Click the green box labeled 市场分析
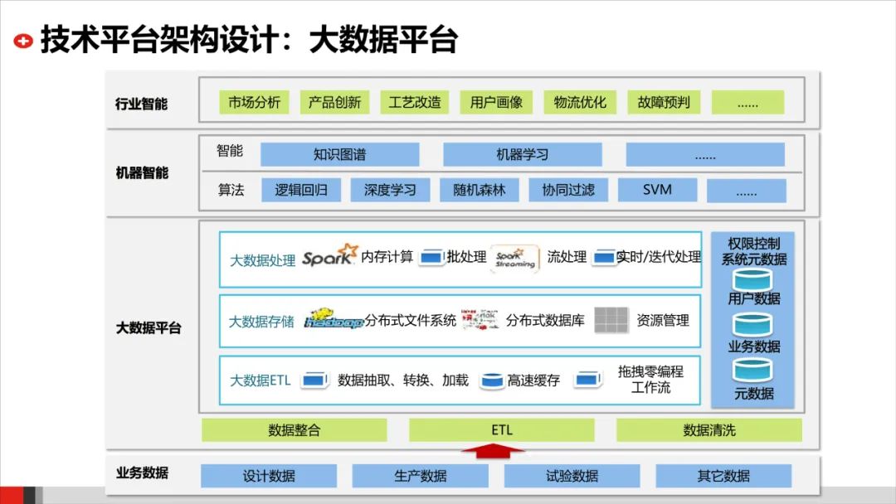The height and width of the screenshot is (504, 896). pyautogui.click(x=255, y=103)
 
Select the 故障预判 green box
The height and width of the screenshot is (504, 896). pyautogui.click(x=663, y=103)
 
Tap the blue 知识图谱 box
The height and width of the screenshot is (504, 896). pyautogui.click(x=339, y=154)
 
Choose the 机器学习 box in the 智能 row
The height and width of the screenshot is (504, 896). pyautogui.click(x=522, y=154)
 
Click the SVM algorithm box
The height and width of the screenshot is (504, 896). pyautogui.click(x=657, y=190)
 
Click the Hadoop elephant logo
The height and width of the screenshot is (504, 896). pyautogui.click(x=334, y=319)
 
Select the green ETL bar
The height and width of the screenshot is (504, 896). pyautogui.click(x=501, y=430)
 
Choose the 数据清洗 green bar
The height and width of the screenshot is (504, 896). pyautogui.click(x=709, y=430)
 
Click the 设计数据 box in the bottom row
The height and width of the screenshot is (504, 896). pyautogui.click(x=269, y=476)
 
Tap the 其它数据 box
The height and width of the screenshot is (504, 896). pyautogui.click(x=723, y=476)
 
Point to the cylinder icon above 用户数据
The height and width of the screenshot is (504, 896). pyautogui.click(x=752, y=279)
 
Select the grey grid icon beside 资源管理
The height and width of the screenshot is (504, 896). pyautogui.click(x=611, y=319)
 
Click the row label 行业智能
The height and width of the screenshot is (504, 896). pyautogui.click(x=141, y=104)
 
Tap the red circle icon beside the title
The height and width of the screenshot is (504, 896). pyautogui.click(x=24, y=40)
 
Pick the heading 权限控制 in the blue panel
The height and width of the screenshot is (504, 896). pyautogui.click(x=753, y=244)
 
